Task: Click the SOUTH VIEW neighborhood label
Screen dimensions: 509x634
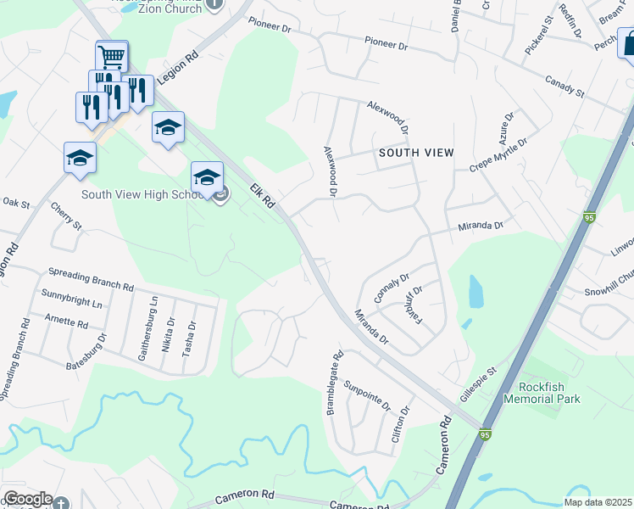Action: pyautogui.click(x=416, y=153)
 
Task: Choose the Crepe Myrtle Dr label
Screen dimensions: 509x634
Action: pyautogui.click(x=499, y=154)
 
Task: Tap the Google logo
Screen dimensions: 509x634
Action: pyautogui.click(x=27, y=499)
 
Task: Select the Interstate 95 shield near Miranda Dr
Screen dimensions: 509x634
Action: pyautogui.click(x=589, y=218)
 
